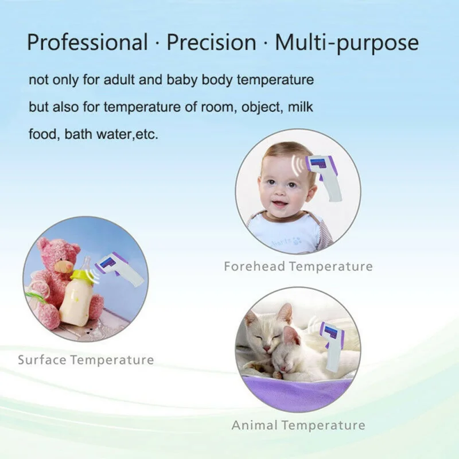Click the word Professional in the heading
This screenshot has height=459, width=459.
click(87, 42)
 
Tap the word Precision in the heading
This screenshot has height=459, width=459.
click(211, 42)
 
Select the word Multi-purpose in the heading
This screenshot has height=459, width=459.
click(347, 42)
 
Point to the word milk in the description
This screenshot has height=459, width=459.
click(300, 107)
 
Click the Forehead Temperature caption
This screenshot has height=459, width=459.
click(298, 266)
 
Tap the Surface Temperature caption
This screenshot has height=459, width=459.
click(86, 360)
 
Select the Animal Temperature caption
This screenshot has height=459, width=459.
click(298, 425)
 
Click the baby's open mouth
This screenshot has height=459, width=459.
click(279, 204)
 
